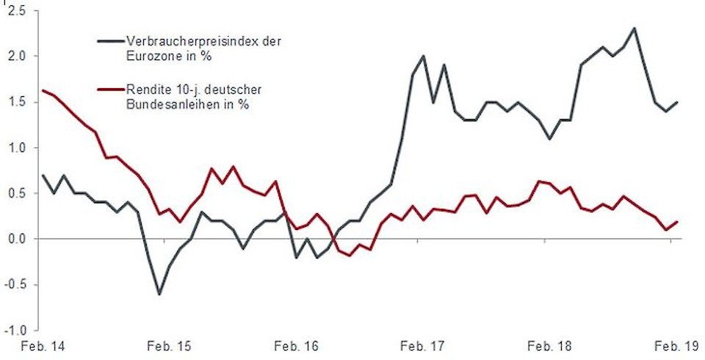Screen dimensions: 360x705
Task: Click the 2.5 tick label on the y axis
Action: [x=15, y=10]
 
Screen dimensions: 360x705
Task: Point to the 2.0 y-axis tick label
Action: [x=15, y=56]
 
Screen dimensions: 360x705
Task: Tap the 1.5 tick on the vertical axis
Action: [x=15, y=102]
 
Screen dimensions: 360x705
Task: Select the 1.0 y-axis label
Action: [x=15, y=148]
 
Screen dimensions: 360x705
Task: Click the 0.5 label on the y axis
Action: [x=15, y=193]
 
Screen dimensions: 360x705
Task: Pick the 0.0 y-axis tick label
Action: [x=15, y=239]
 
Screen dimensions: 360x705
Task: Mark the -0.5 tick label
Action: [x=14, y=285]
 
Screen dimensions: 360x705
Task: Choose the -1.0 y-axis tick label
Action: [x=14, y=331]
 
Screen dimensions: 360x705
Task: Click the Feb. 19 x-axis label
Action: [x=676, y=345]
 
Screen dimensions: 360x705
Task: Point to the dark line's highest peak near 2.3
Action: [x=634, y=29]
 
